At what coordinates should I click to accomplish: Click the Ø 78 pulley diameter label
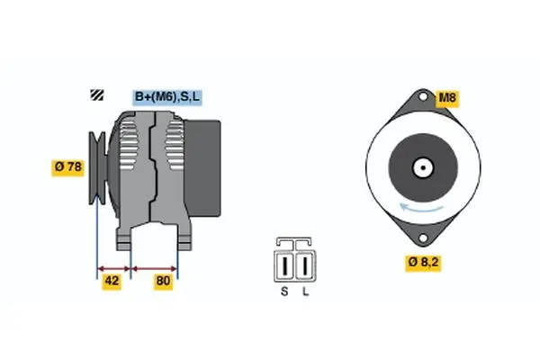pos(67,167)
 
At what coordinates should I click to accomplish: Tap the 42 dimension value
pos(112,281)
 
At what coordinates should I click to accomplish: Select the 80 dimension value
pos(163,281)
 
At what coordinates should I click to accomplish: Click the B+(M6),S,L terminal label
pos(167,97)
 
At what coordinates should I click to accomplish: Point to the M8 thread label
pos(447,98)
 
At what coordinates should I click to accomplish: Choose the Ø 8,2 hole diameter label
pos(423,263)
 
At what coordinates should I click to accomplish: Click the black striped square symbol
pos(97,94)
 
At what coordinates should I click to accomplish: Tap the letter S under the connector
pos(284,292)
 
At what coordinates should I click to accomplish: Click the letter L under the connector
pos(305,292)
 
